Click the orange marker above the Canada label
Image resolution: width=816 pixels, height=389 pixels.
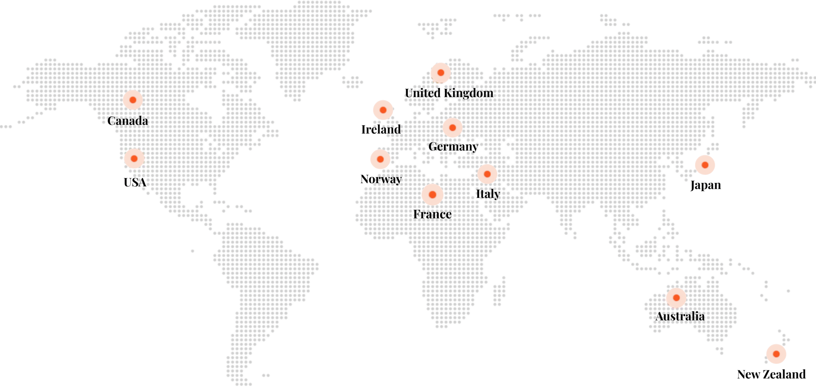(133, 100)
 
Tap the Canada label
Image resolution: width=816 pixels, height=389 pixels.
(127, 121)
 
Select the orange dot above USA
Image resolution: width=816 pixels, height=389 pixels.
(134, 159)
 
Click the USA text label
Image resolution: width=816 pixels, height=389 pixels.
(135, 183)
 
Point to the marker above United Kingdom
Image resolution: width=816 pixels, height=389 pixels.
(441, 73)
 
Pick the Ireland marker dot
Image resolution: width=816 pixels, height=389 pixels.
(383, 110)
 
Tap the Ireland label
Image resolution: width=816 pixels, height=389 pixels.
(381, 130)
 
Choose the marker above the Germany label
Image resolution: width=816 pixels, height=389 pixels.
(452, 128)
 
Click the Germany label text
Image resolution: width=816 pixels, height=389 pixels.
(453, 147)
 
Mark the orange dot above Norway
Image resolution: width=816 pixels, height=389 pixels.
(380, 159)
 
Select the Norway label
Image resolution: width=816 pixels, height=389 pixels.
(381, 179)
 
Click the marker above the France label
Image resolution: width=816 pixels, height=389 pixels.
(433, 195)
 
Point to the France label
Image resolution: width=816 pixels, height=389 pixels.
(432, 214)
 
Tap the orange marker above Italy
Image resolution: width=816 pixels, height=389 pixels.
(487, 174)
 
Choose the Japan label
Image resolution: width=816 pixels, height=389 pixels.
(705, 185)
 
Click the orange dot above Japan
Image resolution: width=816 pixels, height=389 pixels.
(705, 165)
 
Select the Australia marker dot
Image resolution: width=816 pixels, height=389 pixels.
(676, 298)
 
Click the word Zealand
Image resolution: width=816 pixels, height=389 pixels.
(787, 374)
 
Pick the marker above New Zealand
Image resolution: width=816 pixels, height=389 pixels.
(776, 354)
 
